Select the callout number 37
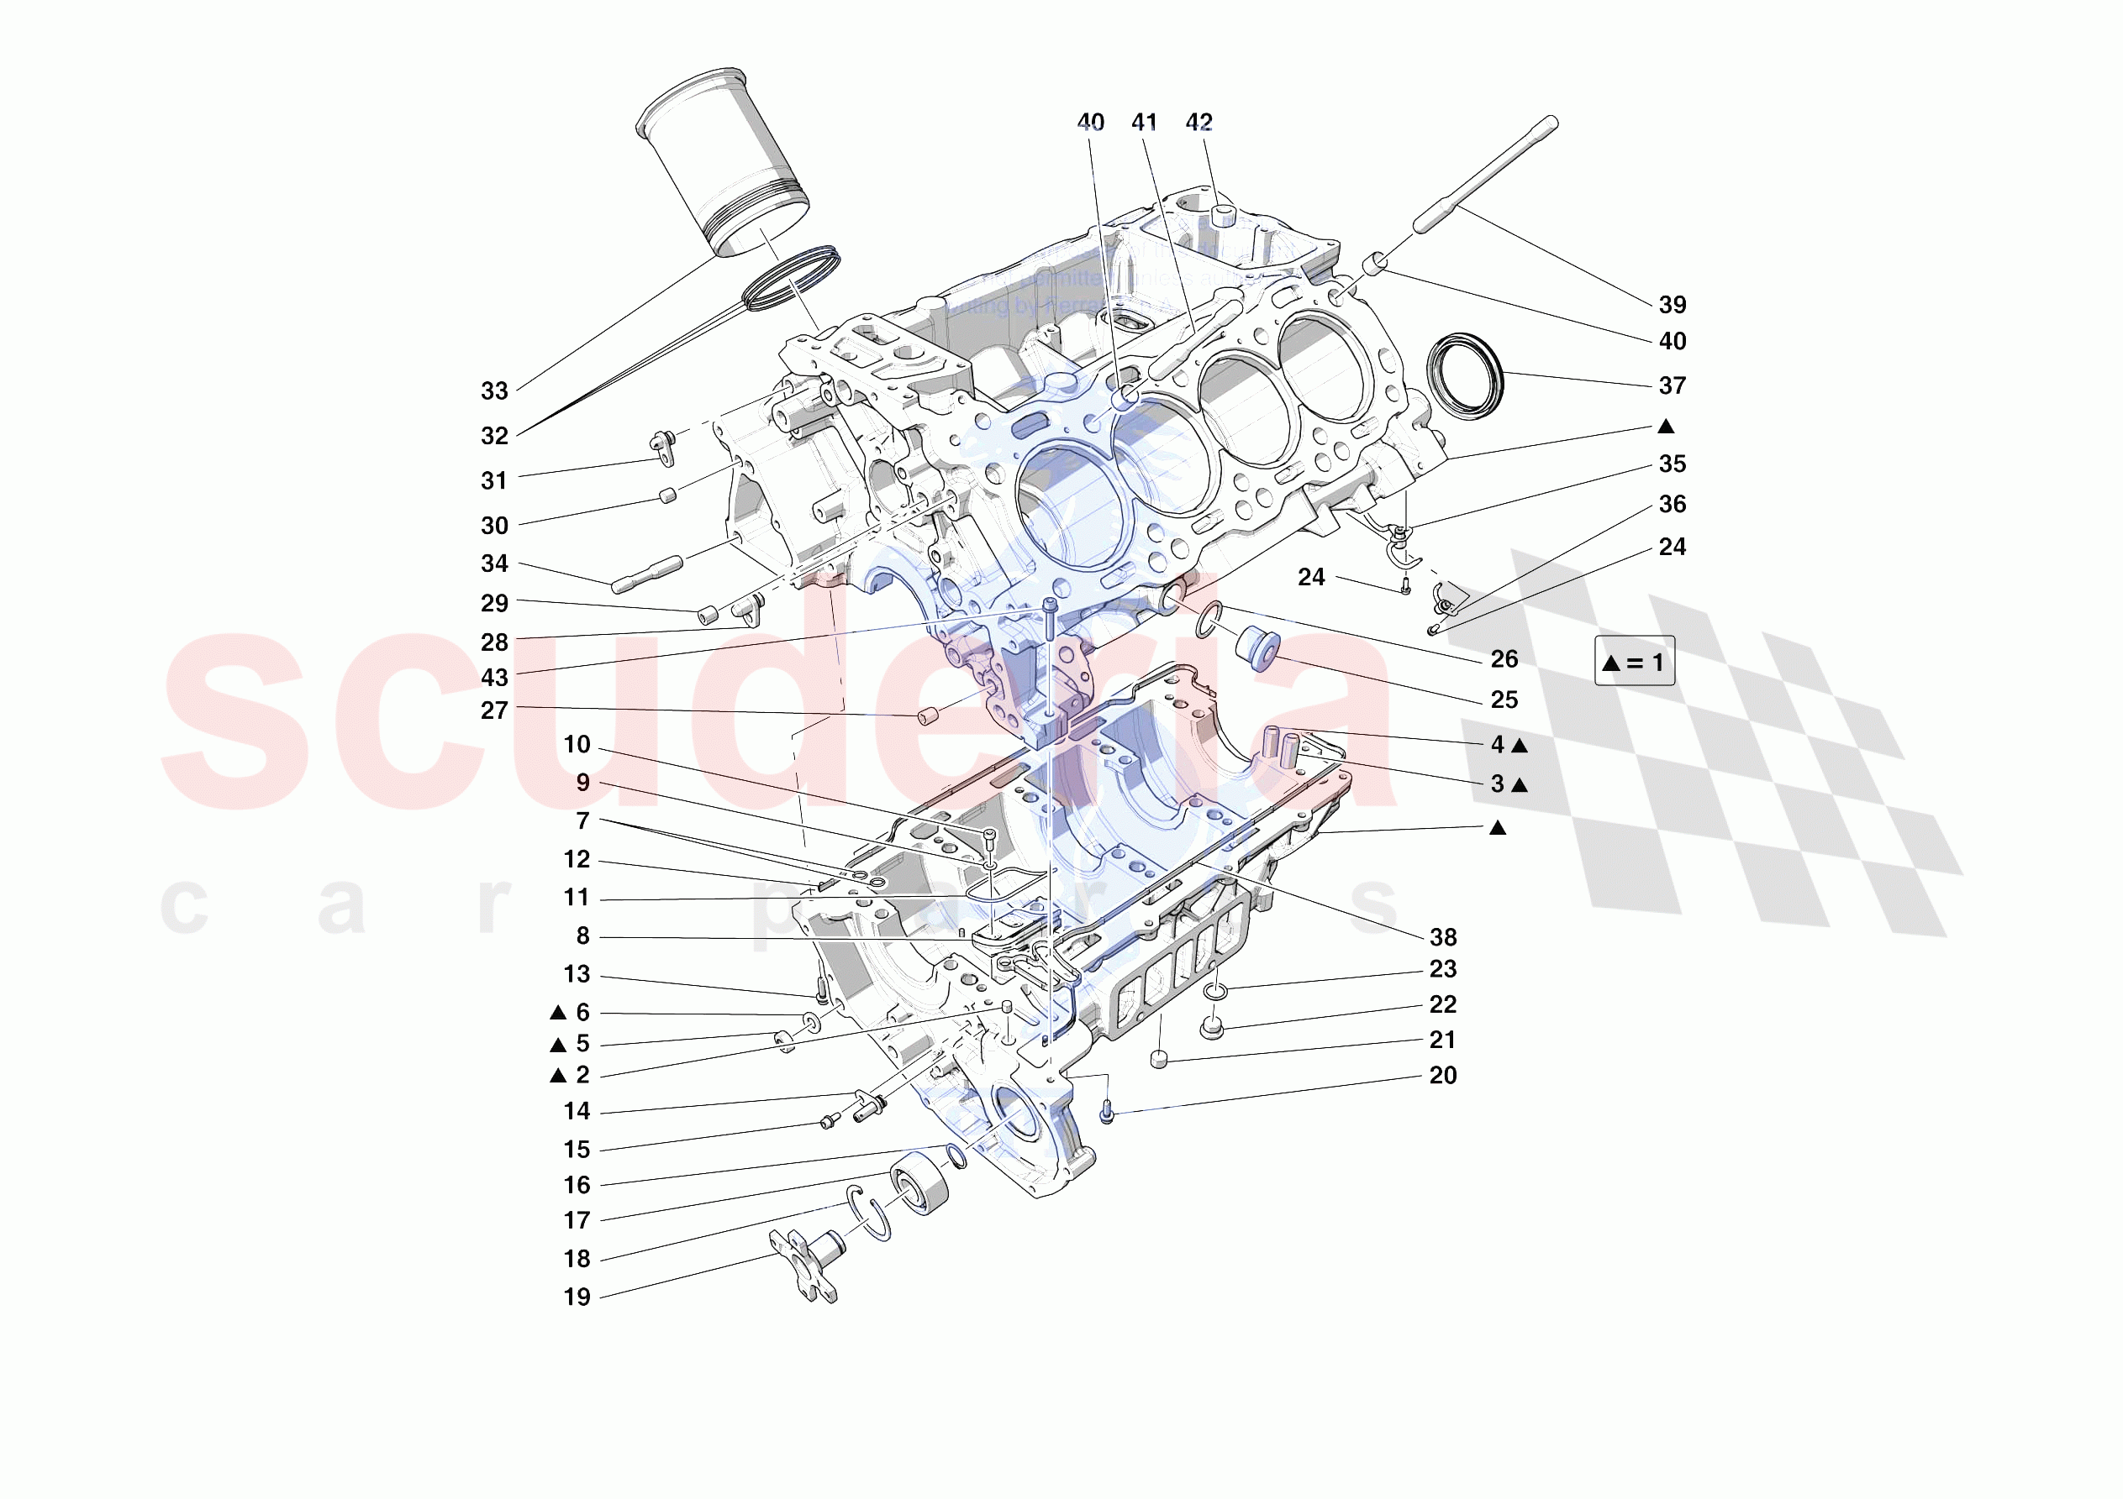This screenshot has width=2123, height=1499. click(1671, 385)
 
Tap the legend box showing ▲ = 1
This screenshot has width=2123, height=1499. click(1633, 662)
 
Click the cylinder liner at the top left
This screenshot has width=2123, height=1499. click(723, 163)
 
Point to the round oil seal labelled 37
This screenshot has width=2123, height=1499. click(1465, 375)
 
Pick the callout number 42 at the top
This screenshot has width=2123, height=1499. click(1198, 122)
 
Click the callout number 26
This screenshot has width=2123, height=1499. click(1504, 659)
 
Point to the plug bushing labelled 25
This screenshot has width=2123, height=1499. click(1256, 644)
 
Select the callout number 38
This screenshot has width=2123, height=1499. click(1442, 937)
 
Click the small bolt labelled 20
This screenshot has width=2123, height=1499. click(1107, 1114)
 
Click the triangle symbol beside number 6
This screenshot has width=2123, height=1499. click(557, 1013)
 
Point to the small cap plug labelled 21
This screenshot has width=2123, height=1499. click(1159, 1059)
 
